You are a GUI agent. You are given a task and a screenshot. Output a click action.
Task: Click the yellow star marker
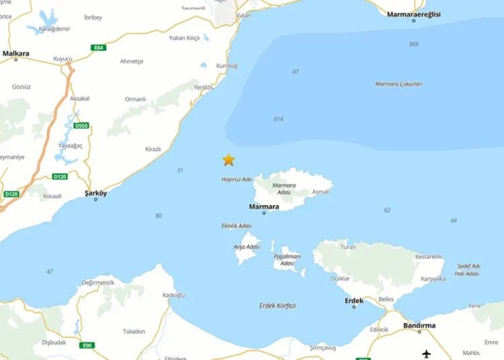228,160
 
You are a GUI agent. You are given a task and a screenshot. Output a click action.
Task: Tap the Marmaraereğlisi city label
413,13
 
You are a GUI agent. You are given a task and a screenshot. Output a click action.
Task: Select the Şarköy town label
95,193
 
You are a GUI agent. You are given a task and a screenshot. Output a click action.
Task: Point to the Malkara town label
15,52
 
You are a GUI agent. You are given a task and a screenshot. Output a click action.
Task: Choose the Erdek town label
354,300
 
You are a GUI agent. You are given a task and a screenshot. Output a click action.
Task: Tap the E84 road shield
99,48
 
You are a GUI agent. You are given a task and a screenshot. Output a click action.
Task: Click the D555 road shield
81,126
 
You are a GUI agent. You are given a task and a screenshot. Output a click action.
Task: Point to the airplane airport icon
427,353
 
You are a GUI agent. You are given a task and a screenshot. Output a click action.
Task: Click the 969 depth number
413,44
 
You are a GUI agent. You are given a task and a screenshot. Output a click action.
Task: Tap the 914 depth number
278,119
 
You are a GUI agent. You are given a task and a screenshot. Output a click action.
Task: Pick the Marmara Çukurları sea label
398,84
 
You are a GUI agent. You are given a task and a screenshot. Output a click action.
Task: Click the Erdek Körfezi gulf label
278,306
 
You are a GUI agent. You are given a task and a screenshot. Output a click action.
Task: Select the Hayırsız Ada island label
237,179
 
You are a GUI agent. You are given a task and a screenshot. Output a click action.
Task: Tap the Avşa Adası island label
246,246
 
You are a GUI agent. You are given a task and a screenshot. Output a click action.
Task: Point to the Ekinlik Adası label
236,226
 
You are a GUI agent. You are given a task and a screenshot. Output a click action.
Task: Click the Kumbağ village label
226,65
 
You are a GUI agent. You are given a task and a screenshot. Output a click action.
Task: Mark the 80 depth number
158,216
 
